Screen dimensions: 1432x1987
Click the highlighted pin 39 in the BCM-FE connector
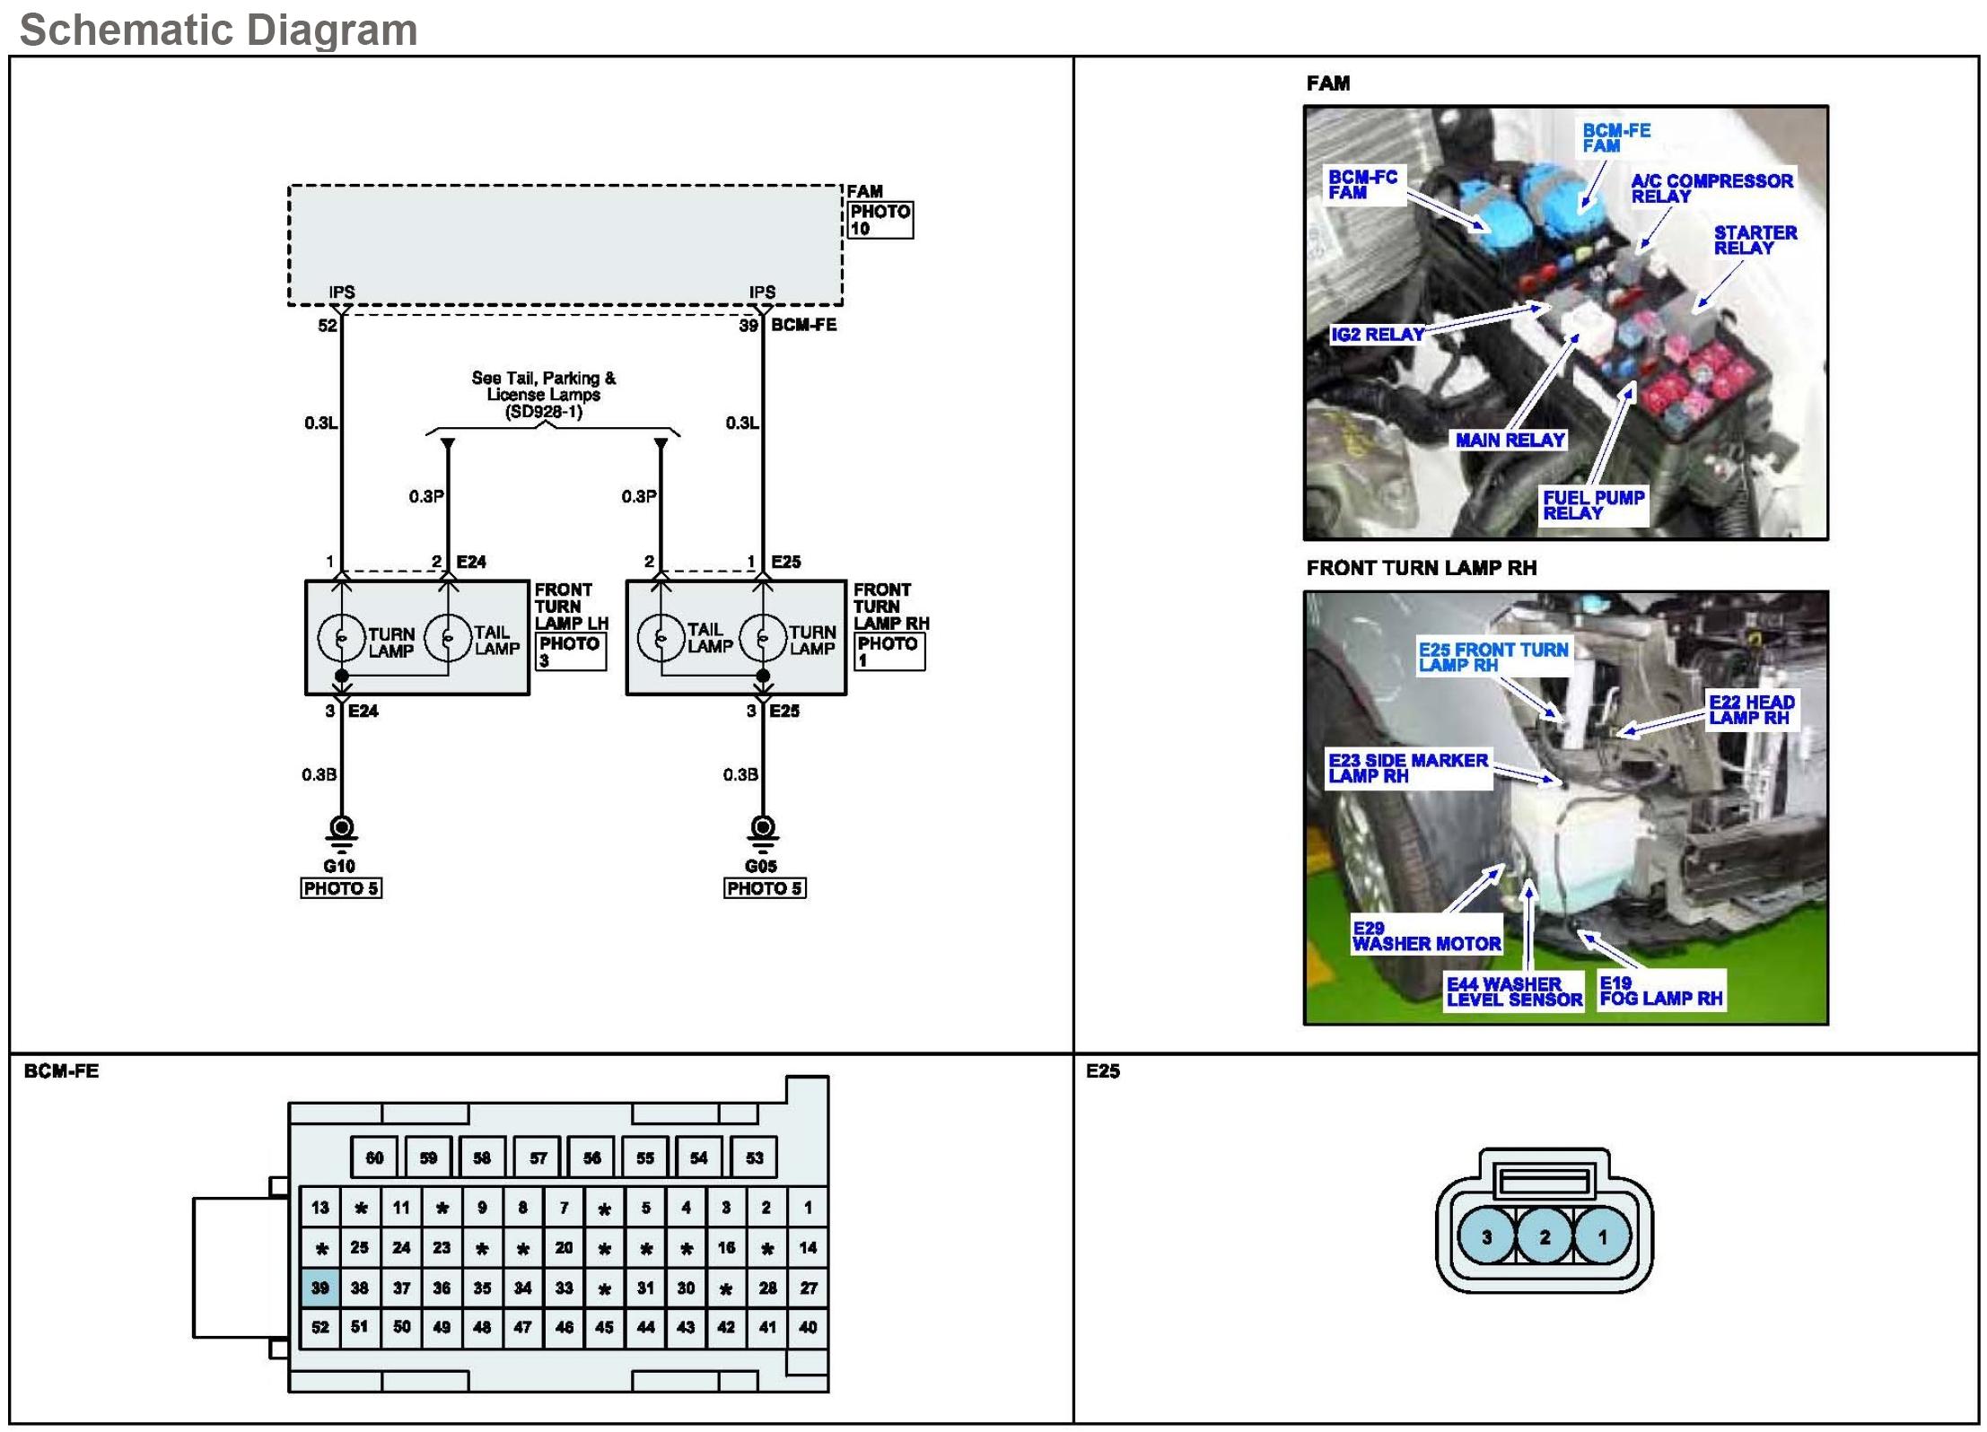pyautogui.click(x=320, y=1288)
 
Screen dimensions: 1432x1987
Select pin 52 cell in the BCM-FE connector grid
pyautogui.click(x=320, y=1327)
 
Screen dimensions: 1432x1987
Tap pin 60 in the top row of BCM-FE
pyautogui.click(x=374, y=1157)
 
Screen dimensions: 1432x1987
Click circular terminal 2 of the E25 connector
pyautogui.click(x=1545, y=1237)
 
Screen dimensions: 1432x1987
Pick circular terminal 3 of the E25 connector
pyautogui.click(x=1486, y=1237)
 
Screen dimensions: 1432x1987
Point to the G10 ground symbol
pyautogui.click(x=341, y=831)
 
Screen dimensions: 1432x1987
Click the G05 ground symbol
pyautogui.click(x=763, y=831)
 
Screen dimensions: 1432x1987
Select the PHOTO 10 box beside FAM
pyautogui.click(x=880, y=220)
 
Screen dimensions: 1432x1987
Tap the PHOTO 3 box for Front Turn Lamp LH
pyautogui.click(x=571, y=651)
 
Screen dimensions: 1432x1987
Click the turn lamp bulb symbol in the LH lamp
pyautogui.click(x=341, y=638)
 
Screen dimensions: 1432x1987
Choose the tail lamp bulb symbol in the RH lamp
pyautogui.click(x=661, y=638)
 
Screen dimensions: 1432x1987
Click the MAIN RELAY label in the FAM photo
pyautogui.click(x=1510, y=440)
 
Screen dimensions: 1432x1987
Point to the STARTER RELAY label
pyautogui.click(x=1755, y=240)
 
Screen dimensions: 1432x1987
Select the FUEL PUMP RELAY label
pyautogui.click(x=1593, y=505)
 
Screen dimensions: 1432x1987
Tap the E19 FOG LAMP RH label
pyautogui.click(x=1660, y=991)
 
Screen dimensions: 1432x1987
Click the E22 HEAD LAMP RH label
pyautogui.click(x=1751, y=710)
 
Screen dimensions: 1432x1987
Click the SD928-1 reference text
pyautogui.click(x=544, y=412)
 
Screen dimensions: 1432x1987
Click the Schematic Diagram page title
pyautogui.click(x=218, y=30)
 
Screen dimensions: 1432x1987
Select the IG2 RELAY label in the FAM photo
pyautogui.click(x=1377, y=335)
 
